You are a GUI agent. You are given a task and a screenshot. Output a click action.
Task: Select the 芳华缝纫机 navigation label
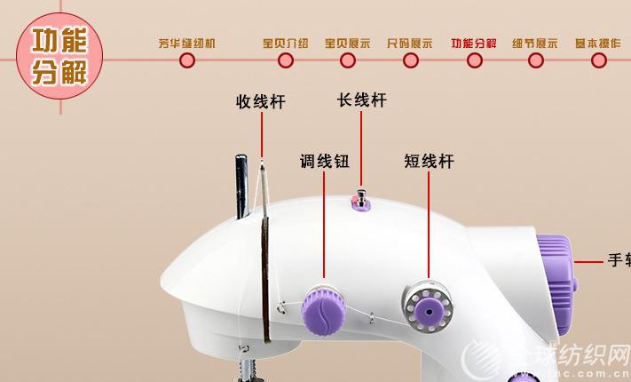[187, 43]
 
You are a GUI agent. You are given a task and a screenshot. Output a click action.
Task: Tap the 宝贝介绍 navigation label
[286, 43]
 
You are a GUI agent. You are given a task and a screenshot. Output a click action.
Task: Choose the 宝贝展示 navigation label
[348, 43]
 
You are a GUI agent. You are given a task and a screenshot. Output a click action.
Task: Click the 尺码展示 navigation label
[410, 43]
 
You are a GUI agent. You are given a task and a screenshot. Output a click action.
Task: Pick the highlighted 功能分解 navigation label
[474, 43]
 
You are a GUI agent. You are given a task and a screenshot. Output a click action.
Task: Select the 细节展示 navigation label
[536, 43]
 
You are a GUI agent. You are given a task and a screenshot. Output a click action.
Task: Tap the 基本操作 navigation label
[598, 43]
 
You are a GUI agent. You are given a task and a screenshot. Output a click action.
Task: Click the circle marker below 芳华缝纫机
[187, 60]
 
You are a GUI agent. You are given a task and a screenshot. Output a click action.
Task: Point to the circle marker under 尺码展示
[410, 60]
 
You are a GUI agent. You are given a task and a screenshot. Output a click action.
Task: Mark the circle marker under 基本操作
[599, 60]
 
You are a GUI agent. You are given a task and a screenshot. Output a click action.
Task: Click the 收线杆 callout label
[261, 102]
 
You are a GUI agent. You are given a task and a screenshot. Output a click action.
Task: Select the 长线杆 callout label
[362, 100]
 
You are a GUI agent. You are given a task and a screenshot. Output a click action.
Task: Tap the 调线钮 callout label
[324, 162]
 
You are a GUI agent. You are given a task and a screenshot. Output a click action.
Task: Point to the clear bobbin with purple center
[428, 306]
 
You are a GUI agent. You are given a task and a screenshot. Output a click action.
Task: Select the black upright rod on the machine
[240, 188]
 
